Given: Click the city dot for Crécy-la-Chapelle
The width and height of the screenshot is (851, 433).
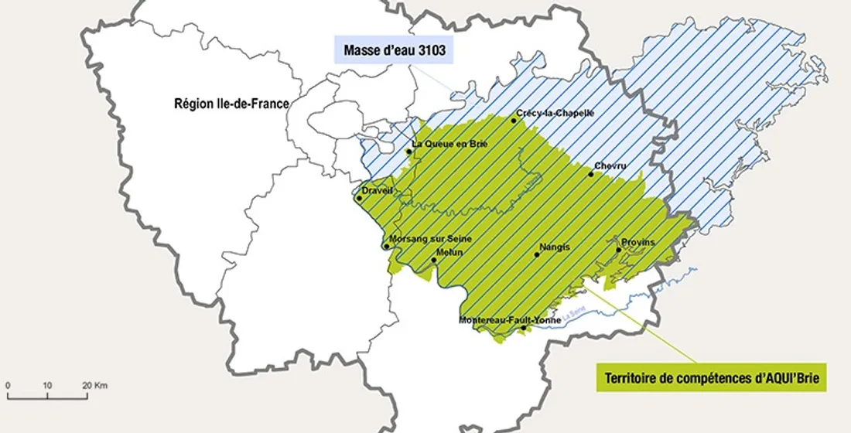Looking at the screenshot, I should point(514,121).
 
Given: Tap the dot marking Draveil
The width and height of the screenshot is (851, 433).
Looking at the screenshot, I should point(359,198).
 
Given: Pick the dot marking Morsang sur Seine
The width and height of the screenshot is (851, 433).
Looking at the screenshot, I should point(386,247).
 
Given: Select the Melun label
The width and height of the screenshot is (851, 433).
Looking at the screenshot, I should point(449,252).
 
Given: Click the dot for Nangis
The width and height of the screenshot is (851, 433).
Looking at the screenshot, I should point(537,254).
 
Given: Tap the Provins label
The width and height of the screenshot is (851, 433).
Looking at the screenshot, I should point(638,242).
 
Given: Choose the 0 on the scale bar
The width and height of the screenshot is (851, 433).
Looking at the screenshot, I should point(7,385).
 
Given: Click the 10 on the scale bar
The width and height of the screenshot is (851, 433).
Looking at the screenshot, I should point(47,385).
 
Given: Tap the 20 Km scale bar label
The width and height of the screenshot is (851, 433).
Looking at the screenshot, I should point(95,385).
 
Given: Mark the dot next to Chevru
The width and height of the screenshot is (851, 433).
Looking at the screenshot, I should point(591,174).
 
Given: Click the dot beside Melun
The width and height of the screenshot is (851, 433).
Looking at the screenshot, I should point(434,260).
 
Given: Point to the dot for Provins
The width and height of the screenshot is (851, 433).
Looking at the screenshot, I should point(618,250).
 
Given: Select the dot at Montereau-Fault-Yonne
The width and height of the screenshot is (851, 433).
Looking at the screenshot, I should point(524,328).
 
